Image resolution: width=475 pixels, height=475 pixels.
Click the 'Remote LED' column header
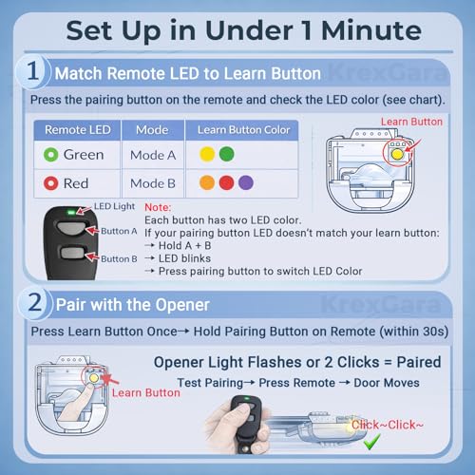click(x=72, y=129)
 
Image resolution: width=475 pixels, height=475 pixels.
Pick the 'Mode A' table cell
click(x=152, y=154)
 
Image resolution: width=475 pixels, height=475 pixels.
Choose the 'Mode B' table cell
click(x=152, y=183)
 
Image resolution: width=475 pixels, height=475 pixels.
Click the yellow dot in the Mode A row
click(x=206, y=154)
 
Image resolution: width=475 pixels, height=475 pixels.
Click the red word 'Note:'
click(x=159, y=206)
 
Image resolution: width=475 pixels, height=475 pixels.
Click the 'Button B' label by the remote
click(x=119, y=258)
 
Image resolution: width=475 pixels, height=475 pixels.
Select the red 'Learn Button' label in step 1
click(x=410, y=122)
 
